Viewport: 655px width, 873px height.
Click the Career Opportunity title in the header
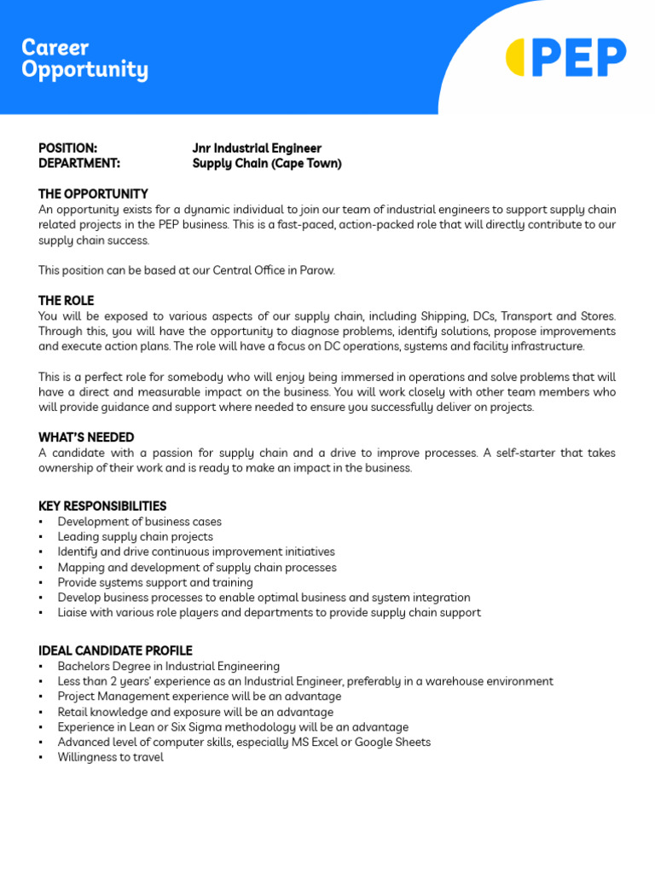coord(84,59)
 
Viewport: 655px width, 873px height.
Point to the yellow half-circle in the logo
coord(515,58)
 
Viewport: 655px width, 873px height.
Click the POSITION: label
coord(67,148)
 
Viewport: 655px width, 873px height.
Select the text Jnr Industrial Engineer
coord(257,148)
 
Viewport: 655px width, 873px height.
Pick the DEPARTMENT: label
coord(79,164)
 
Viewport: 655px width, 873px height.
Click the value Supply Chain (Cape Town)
coord(267,164)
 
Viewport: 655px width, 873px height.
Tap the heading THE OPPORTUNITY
coord(93,194)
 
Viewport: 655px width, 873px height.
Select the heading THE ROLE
coord(66,301)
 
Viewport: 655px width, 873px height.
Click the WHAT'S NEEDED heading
coord(86,437)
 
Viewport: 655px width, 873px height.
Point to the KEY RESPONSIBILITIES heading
coord(102,506)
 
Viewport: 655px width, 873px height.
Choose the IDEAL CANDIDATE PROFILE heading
coord(115,651)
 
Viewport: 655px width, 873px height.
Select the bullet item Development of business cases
coord(139,522)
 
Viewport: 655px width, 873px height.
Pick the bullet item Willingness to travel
coord(110,757)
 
